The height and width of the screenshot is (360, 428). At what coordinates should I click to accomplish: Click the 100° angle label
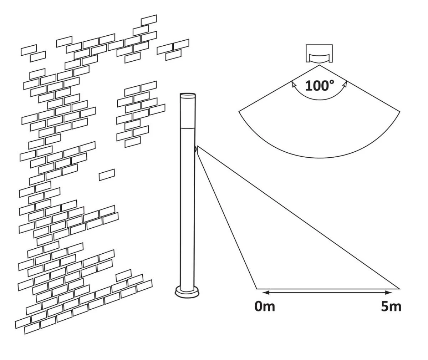coord(320,86)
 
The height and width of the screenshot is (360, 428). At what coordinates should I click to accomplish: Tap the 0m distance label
coord(265,306)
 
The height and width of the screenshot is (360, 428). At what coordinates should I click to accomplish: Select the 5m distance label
coord(391,306)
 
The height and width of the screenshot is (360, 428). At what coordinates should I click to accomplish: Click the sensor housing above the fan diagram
coord(319,54)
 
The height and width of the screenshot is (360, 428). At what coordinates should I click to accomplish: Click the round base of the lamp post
coord(188,292)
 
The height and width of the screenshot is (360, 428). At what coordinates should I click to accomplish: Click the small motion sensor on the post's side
coord(196,149)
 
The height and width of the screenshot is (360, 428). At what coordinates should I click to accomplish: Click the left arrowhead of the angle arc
coord(294,84)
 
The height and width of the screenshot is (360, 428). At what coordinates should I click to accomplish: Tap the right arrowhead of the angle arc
coord(345,84)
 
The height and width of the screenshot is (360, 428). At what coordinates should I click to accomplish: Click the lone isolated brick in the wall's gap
coord(107,174)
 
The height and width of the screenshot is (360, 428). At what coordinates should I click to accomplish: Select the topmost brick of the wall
coord(149,20)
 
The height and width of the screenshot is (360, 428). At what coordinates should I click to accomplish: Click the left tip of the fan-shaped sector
coord(239,112)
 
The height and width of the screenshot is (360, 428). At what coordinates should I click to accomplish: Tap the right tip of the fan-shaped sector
coord(400,112)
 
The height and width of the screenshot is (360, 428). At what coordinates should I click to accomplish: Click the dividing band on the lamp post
coord(188,127)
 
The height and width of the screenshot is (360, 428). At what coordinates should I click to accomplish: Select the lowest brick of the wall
coord(32,328)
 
